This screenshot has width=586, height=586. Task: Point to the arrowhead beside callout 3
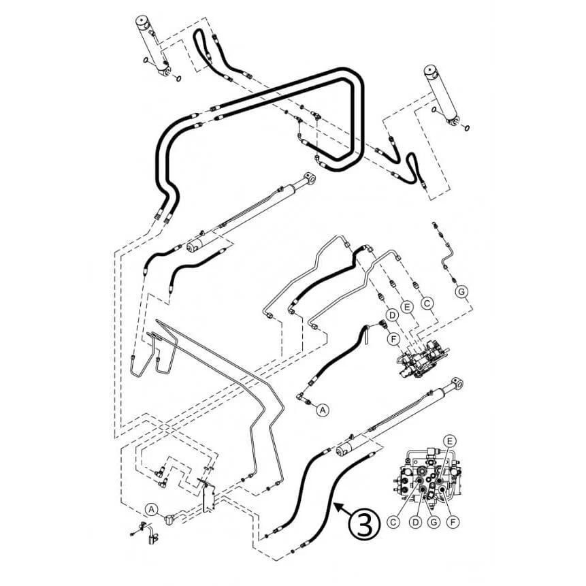click(x=338, y=506)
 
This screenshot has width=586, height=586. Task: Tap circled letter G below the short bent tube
click(x=461, y=291)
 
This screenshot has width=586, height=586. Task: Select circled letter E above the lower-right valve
click(x=450, y=441)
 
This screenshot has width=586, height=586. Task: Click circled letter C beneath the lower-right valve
click(x=393, y=522)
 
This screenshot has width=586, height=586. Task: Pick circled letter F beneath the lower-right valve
click(x=453, y=522)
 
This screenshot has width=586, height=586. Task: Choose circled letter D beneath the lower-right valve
click(x=415, y=522)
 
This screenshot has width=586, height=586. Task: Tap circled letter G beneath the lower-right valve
click(x=434, y=522)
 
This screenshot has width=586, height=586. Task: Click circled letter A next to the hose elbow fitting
click(x=323, y=410)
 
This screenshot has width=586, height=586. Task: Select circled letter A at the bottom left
click(x=151, y=509)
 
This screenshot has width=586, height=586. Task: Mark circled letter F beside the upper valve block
click(x=393, y=339)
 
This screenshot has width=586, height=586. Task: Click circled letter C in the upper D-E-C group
click(x=427, y=303)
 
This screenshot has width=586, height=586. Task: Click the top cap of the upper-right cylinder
click(x=432, y=71)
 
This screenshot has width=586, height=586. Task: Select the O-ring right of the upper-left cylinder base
click(x=178, y=78)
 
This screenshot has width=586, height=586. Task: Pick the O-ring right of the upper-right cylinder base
click(x=467, y=128)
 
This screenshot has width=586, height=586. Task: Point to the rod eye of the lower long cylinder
click(x=457, y=384)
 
